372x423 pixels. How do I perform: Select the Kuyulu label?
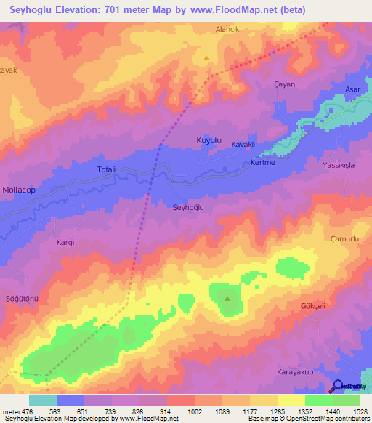pos(209,140)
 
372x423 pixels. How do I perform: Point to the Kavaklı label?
pos(243,145)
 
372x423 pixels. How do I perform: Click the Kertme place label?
pos(262,161)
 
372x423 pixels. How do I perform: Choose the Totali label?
pos(107,169)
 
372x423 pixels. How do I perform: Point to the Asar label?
pos(353,89)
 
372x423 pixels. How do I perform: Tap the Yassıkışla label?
pos(339,166)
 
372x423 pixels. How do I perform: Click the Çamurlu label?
pos(345,239)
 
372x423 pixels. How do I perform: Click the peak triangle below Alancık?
pos(207,57)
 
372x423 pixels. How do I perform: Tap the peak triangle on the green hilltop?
pos(227,298)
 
